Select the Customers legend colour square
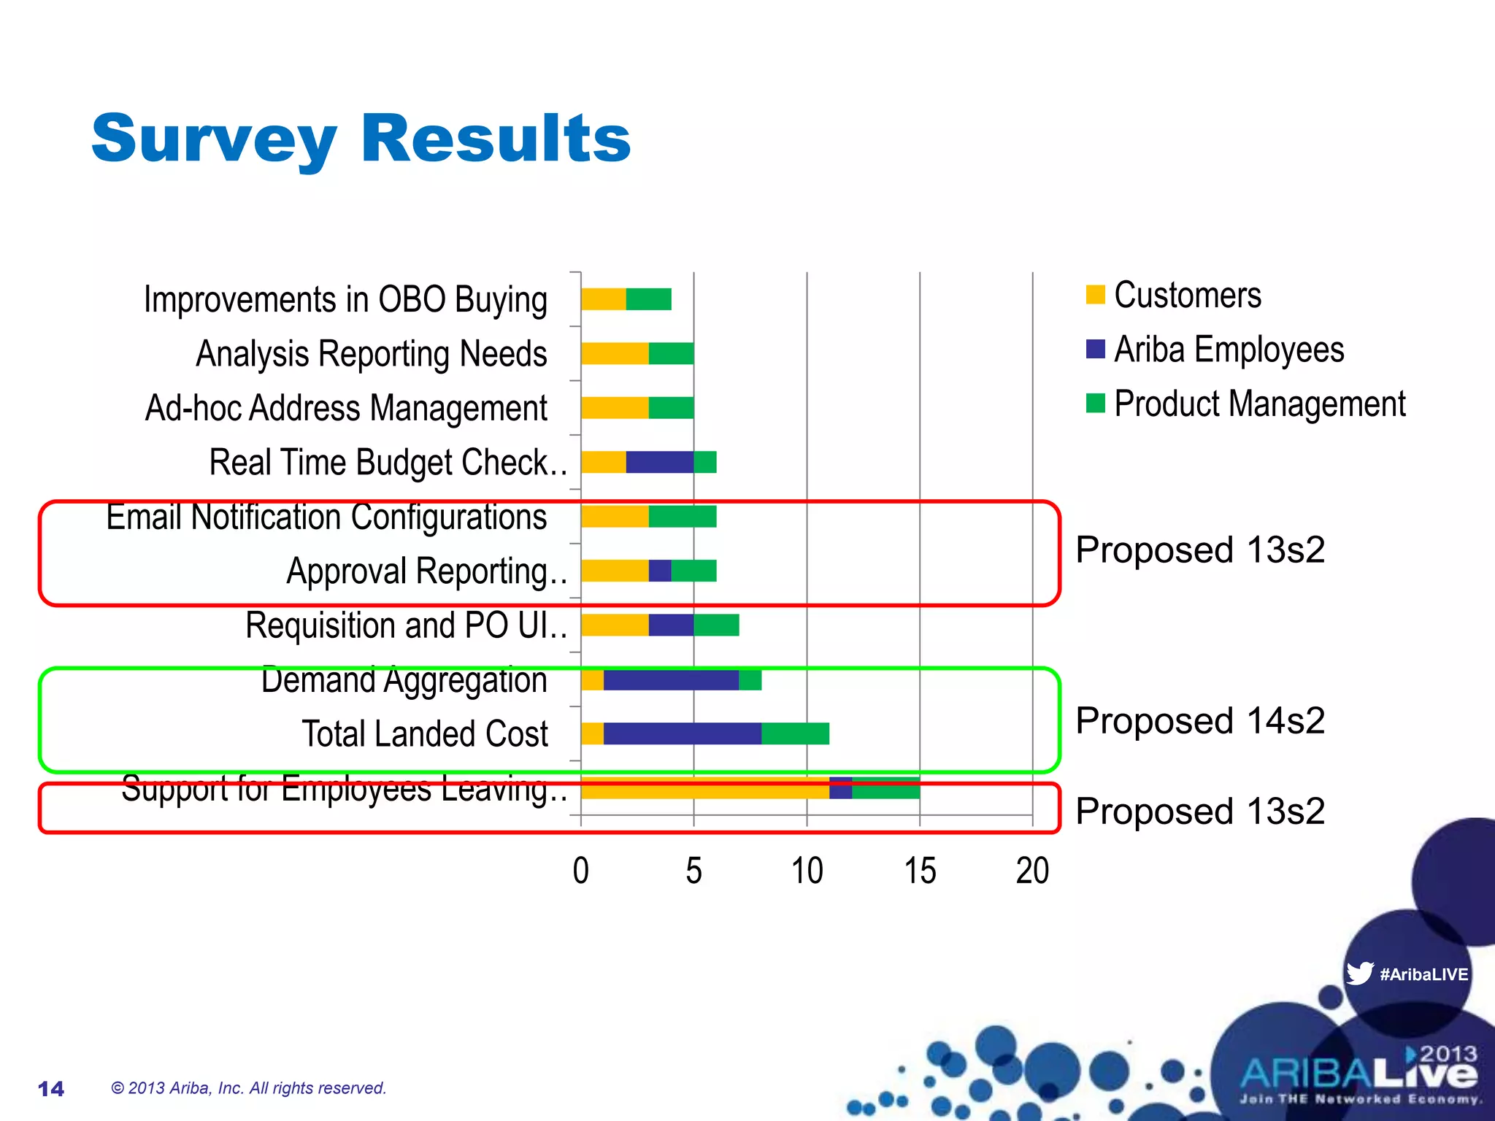pyautogui.click(x=1095, y=295)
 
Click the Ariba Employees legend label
pyautogui.click(x=1229, y=350)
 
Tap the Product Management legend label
pyautogui.click(x=1259, y=404)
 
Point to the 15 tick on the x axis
pyautogui.click(x=920, y=871)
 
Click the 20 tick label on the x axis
pyautogui.click(x=1032, y=871)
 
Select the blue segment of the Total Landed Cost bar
pyautogui.click(x=683, y=733)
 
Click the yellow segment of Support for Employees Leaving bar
pyautogui.click(x=704, y=788)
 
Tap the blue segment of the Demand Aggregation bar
pyautogui.click(x=671, y=679)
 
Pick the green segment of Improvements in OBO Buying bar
pyautogui.click(x=648, y=299)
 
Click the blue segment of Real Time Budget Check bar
pyautogui.click(x=659, y=462)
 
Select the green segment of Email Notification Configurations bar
pyautogui.click(x=683, y=517)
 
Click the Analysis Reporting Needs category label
pyautogui.click(x=371, y=354)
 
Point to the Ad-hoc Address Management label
pyautogui.click(x=346, y=408)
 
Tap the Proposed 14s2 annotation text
pyautogui.click(x=1200, y=721)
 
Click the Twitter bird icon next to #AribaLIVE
pyautogui.click(x=1359, y=973)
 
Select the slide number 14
pyautogui.click(x=51, y=1089)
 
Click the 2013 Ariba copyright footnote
pyautogui.click(x=248, y=1088)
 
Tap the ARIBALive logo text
pyautogui.click(x=1358, y=1074)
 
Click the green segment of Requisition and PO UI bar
pyautogui.click(x=716, y=625)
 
